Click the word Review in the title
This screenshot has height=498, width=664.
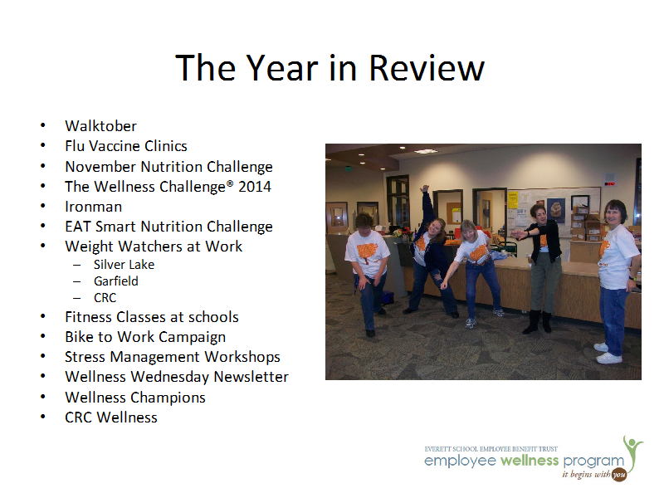point(427,68)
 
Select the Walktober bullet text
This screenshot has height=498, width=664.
point(100,126)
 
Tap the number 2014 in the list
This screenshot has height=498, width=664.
point(255,187)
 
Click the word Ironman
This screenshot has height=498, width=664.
point(93,207)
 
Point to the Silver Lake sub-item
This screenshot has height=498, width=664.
point(124,265)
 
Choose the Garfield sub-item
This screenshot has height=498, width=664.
point(116,281)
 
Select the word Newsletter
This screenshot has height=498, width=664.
point(251,377)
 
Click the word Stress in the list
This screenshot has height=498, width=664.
point(85,357)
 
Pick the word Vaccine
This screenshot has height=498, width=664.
point(115,146)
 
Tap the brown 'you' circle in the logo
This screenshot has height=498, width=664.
point(619,475)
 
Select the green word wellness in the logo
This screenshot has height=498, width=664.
point(530,461)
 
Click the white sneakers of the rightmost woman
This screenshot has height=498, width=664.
point(608,354)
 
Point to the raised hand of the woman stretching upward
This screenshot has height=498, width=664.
point(424,189)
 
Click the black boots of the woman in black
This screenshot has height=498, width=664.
point(537,323)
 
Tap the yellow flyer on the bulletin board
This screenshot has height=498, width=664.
point(513,200)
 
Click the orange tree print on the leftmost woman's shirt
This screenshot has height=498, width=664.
point(366,253)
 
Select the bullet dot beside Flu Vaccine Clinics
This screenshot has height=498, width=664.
point(43,145)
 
